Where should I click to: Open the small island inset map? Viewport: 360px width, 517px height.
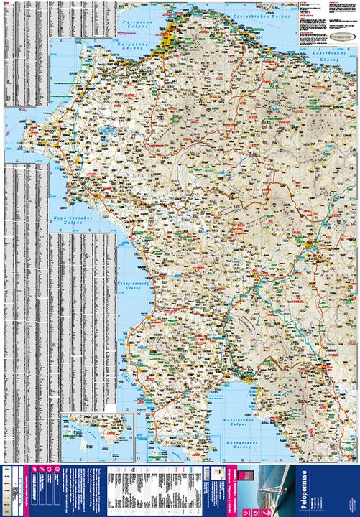(x=98, y=437)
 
